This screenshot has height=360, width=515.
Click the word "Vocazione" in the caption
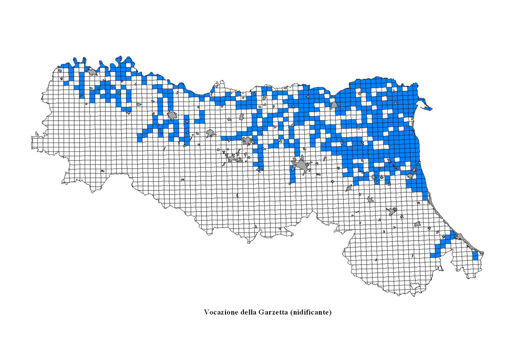point(221,312)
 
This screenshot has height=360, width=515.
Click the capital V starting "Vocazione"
point(207,312)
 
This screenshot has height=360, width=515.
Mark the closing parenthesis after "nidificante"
point(331,312)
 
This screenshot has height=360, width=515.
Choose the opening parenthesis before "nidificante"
point(291,312)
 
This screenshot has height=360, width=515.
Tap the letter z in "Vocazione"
point(223,312)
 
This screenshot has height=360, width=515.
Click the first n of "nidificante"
point(294,312)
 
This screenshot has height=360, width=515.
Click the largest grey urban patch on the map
point(301,167)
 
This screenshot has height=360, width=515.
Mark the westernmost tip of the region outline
point(32,140)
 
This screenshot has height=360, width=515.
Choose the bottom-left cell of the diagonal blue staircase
point(433,255)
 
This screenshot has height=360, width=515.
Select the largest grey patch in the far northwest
point(92,71)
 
